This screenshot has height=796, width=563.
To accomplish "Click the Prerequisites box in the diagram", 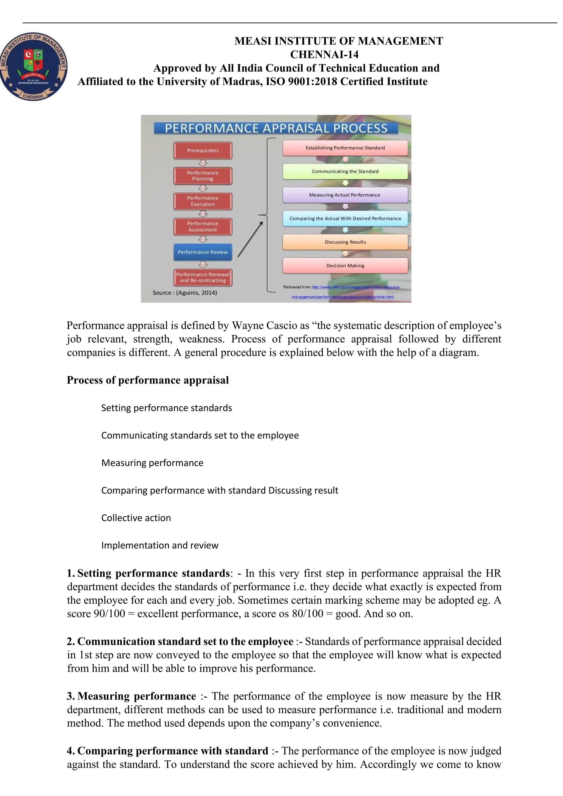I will click(203, 151).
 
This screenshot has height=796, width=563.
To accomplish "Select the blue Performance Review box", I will click(203, 252).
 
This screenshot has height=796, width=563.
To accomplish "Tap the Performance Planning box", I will click(203, 176).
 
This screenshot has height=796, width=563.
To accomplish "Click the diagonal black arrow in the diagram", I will click(250, 239).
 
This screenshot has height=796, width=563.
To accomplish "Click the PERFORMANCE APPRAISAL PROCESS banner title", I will click(276, 128).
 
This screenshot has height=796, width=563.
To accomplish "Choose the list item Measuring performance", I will click(152, 463).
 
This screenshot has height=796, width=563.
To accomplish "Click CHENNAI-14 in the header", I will click(324, 54).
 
